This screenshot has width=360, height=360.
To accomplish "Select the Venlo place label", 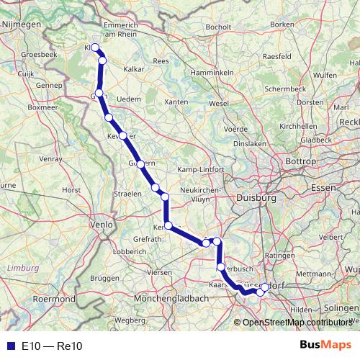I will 101,225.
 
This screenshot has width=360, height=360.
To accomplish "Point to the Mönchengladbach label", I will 168,297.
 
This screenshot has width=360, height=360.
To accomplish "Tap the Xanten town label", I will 176,102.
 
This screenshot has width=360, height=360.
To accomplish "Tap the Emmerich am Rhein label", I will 130,30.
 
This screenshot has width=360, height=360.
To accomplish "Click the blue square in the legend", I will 9,346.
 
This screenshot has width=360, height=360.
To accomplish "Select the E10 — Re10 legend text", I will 53,346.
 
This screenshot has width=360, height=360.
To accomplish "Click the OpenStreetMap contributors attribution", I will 295,322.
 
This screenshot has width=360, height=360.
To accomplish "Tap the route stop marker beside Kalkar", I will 102,61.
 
